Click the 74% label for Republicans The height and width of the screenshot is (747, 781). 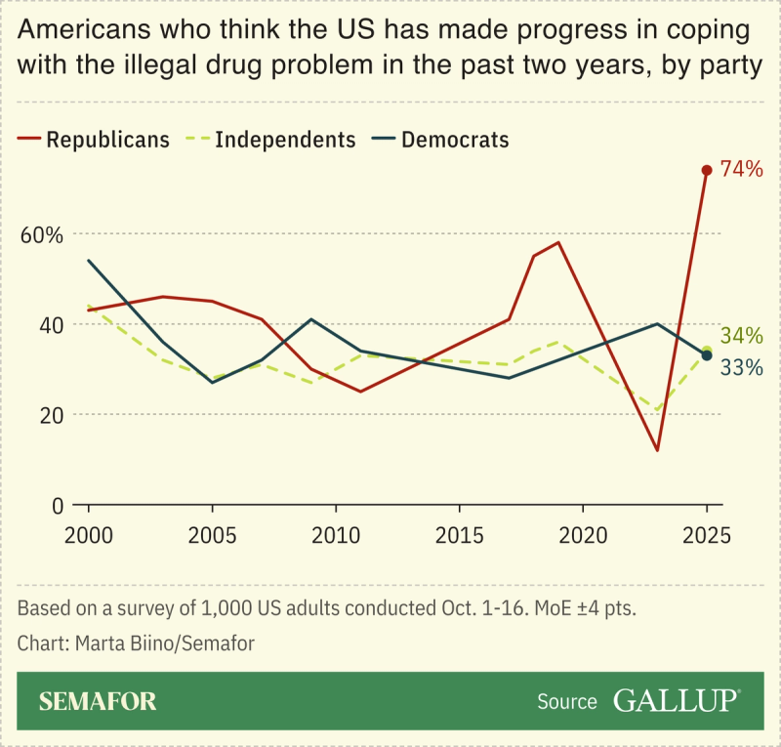(x=741, y=170)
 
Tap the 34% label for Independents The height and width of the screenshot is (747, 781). (x=741, y=336)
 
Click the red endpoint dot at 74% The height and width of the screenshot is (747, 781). (x=707, y=170)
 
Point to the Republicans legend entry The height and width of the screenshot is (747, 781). (x=95, y=140)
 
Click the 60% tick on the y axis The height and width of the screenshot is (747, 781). (x=41, y=235)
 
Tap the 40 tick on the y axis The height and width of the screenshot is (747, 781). (x=50, y=325)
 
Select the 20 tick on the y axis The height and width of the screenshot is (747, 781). (x=50, y=415)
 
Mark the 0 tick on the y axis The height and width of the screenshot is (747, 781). (x=56, y=506)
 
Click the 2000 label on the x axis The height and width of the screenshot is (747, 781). (x=89, y=536)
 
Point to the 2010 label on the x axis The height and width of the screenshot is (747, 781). (x=336, y=536)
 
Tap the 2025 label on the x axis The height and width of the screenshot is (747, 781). (x=707, y=536)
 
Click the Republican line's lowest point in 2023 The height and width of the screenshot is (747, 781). (x=658, y=450)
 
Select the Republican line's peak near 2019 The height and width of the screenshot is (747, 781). (x=558, y=242)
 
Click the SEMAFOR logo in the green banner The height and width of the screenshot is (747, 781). (x=98, y=701)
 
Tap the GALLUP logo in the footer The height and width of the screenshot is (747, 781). (x=676, y=700)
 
